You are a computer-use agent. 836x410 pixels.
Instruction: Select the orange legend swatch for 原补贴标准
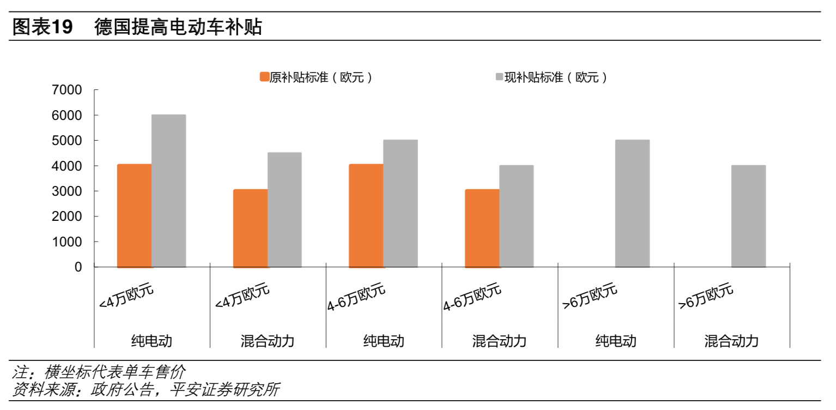[x=265, y=77]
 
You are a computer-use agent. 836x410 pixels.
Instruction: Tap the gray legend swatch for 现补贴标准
[x=499, y=77]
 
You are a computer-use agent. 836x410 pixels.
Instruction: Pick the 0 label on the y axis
[x=78, y=267]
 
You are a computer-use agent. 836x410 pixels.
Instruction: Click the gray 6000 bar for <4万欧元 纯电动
[x=168, y=191]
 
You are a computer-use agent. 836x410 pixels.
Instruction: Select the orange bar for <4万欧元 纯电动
[x=134, y=215]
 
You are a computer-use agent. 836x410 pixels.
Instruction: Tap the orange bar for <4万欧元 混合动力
[x=250, y=228]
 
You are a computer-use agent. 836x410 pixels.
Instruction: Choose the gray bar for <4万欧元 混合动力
[x=284, y=210]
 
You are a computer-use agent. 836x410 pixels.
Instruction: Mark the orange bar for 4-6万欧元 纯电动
[x=366, y=215]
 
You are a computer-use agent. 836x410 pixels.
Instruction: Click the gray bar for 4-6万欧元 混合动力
[x=516, y=216]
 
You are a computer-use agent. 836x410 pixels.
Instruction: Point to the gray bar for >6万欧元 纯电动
[x=632, y=203]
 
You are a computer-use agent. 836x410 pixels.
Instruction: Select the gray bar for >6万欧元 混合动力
[x=748, y=216]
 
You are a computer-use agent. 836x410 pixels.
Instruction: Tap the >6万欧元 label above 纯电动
[x=590, y=297]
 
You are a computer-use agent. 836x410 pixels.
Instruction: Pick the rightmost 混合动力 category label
[x=731, y=341]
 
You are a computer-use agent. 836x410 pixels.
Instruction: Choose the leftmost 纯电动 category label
[x=152, y=341]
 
